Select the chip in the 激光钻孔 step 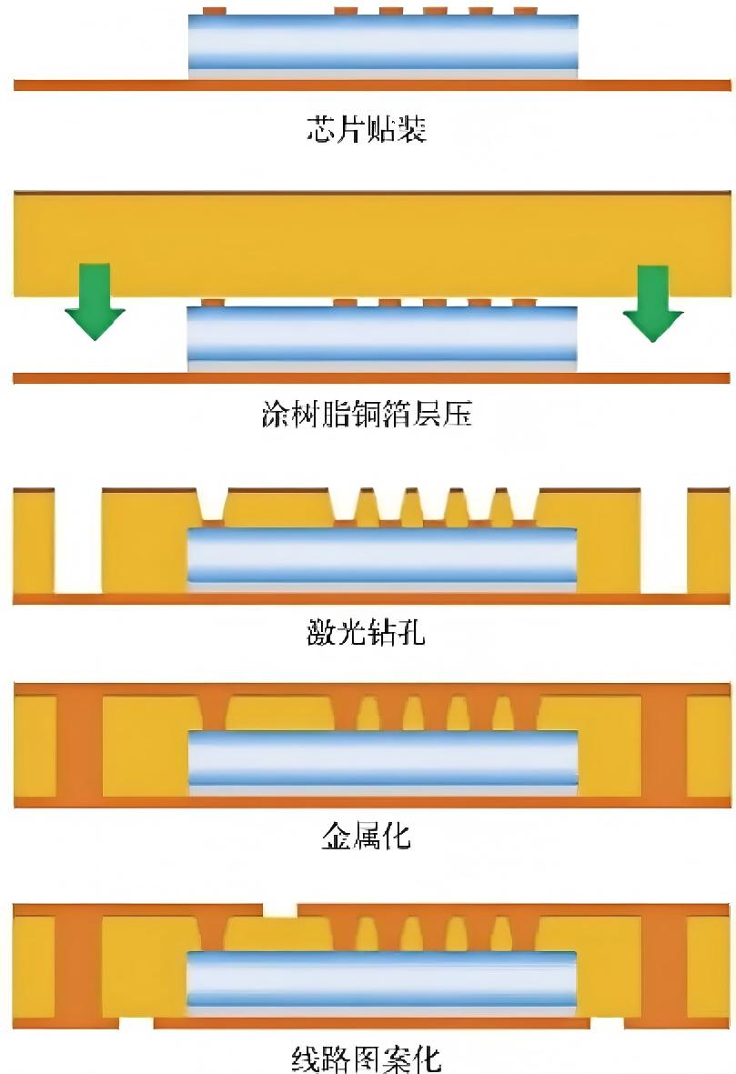(x=382, y=557)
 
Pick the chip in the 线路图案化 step (x=382, y=982)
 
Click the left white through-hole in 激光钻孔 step (x=79, y=541)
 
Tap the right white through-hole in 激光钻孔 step (x=663, y=541)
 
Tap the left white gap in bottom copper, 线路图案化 (x=136, y=1024)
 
